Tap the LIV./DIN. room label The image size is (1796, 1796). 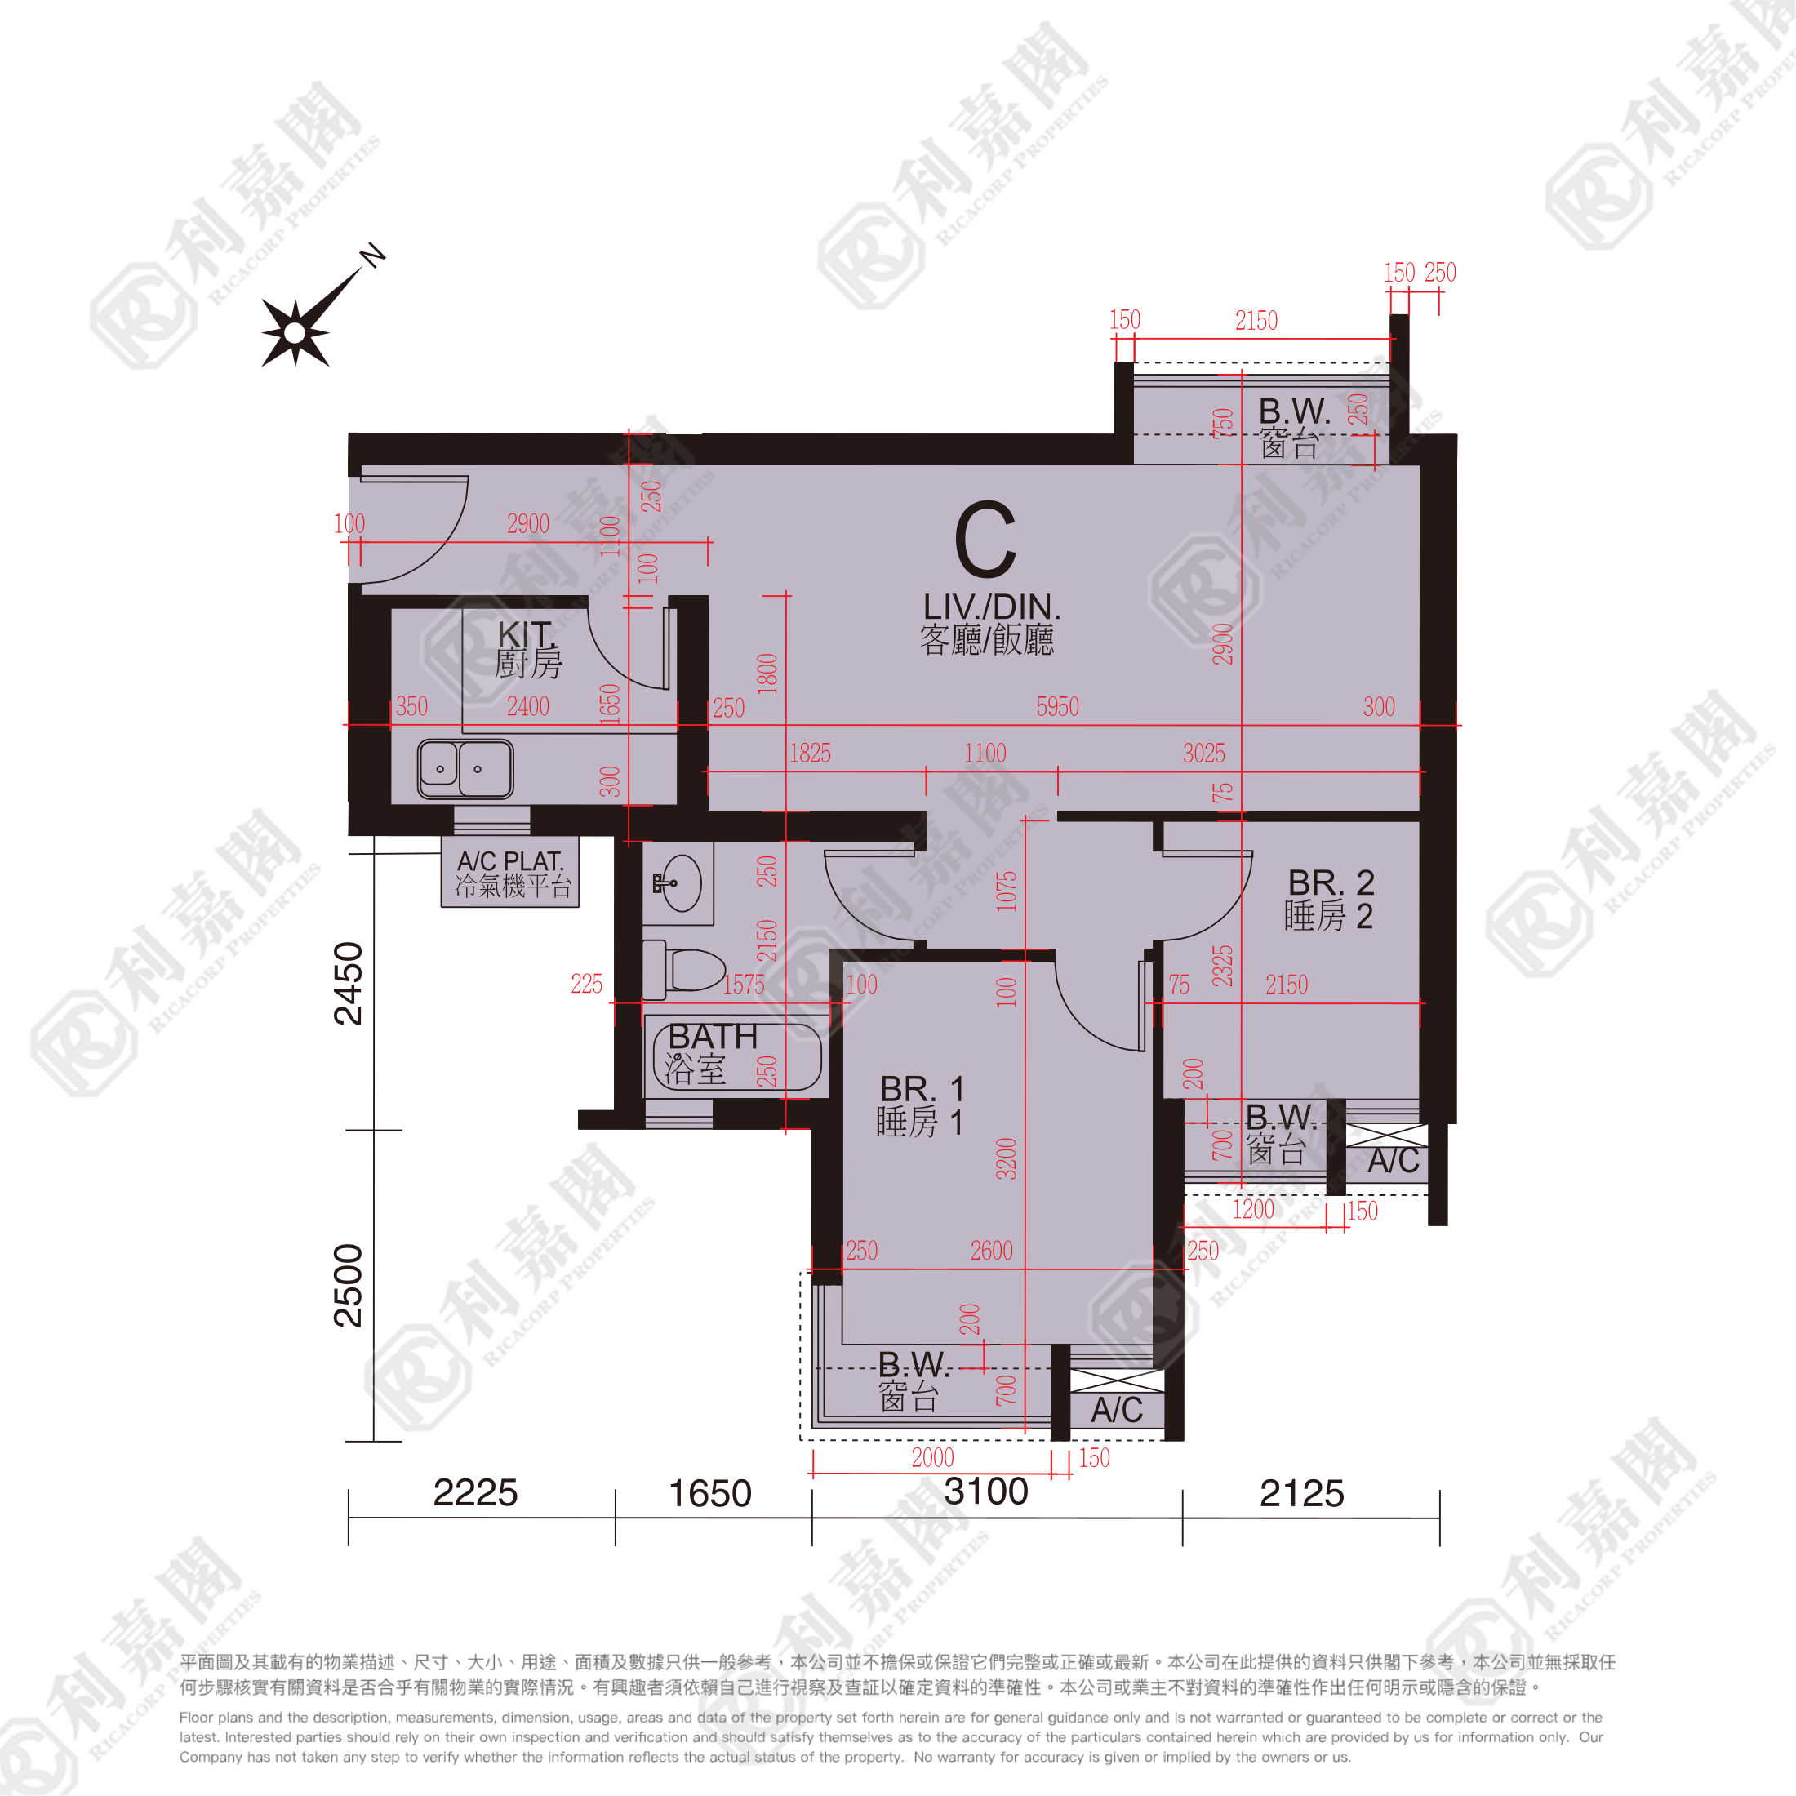(x=991, y=607)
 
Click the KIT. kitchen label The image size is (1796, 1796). (x=527, y=634)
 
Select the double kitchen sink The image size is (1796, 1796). (x=465, y=769)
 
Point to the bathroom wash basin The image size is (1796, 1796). (x=681, y=882)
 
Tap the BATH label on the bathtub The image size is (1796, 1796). (x=713, y=1037)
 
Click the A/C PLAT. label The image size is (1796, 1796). (x=510, y=862)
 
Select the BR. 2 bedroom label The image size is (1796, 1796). (x=1331, y=882)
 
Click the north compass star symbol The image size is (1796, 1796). (x=296, y=332)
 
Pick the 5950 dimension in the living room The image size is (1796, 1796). (x=1058, y=706)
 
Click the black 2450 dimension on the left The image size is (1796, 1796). (x=349, y=984)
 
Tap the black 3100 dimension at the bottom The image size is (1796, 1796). (x=985, y=1491)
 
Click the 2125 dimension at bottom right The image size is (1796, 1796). (x=1301, y=1493)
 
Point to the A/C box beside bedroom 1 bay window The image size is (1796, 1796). (x=1117, y=1409)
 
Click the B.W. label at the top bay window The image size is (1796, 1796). (x=1294, y=411)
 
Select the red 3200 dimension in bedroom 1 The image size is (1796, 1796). (x=1007, y=1158)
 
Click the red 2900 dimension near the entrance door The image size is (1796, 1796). (x=528, y=523)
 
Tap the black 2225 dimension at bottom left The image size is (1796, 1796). (x=475, y=1492)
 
